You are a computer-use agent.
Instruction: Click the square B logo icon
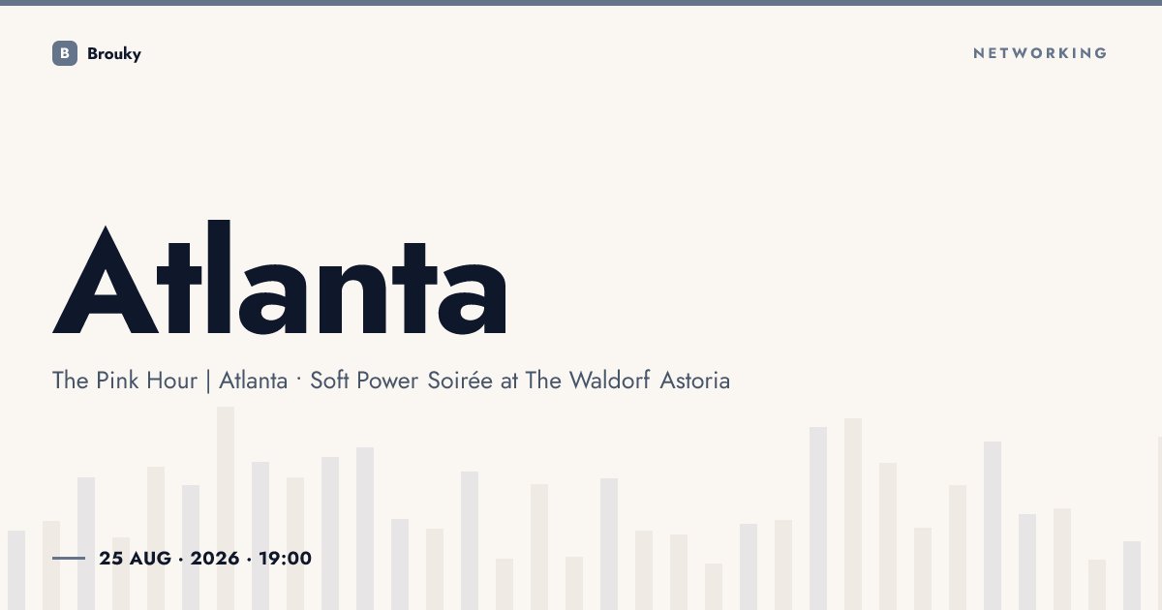pos(65,53)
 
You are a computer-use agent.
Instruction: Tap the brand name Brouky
pos(114,54)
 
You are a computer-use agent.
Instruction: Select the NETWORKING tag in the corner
pos(1040,53)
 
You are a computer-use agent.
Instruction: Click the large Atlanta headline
pos(280,277)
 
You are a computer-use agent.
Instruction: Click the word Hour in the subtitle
pos(171,381)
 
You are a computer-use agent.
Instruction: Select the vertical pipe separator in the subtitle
pos(208,381)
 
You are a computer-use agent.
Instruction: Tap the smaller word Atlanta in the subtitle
pos(253,381)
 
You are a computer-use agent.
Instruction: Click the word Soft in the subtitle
pos(329,381)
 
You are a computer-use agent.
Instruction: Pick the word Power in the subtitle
pos(387,381)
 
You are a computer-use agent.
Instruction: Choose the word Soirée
pos(460,381)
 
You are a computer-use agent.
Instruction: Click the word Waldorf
pos(609,381)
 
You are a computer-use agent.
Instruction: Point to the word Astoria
pos(694,381)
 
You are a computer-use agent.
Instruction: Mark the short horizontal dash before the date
pos(69,558)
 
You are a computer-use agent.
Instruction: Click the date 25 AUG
pos(135,558)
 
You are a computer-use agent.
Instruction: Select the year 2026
pos(215,558)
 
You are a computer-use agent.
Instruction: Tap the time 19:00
pos(286,558)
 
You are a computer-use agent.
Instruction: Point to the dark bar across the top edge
pos(581,3)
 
